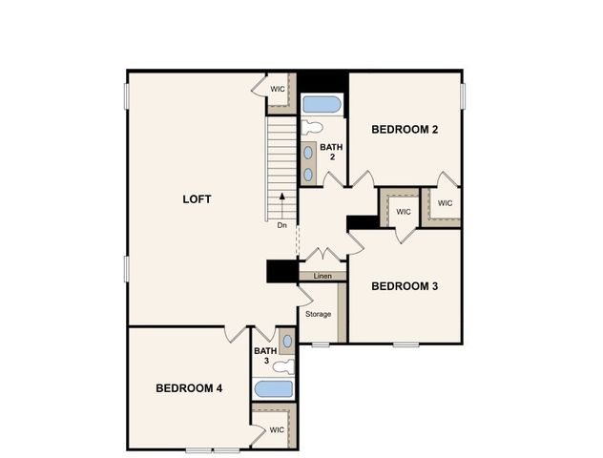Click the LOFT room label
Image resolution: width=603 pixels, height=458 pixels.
coord(197,199)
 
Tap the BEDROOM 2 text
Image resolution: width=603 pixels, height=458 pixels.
coord(405,129)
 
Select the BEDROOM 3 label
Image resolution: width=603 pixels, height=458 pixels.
coord(405,285)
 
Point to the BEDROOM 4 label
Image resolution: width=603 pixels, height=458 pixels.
coord(189,388)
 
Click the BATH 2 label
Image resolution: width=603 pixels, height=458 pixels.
coord(331,152)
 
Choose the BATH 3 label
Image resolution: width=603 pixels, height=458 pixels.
coord(263,356)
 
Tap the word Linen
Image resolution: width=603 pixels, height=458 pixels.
coord(322,276)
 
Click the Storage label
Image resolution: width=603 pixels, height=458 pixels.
coord(319,314)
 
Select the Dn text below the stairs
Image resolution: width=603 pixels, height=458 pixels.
coord(281,226)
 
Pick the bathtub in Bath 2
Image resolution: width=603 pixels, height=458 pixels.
coord(322,104)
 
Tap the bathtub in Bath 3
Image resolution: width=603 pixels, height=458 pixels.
coord(274,388)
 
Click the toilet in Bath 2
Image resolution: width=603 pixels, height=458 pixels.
coord(312,128)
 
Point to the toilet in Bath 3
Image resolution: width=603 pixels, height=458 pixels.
coord(283,364)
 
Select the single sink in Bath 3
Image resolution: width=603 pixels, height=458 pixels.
coord(287,341)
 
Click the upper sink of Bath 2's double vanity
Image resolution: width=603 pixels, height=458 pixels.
coord(309,152)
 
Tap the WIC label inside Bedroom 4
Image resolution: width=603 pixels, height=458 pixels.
coord(277,429)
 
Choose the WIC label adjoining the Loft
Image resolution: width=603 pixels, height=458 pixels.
coord(278,89)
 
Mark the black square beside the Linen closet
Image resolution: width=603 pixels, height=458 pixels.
coord(281,271)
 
